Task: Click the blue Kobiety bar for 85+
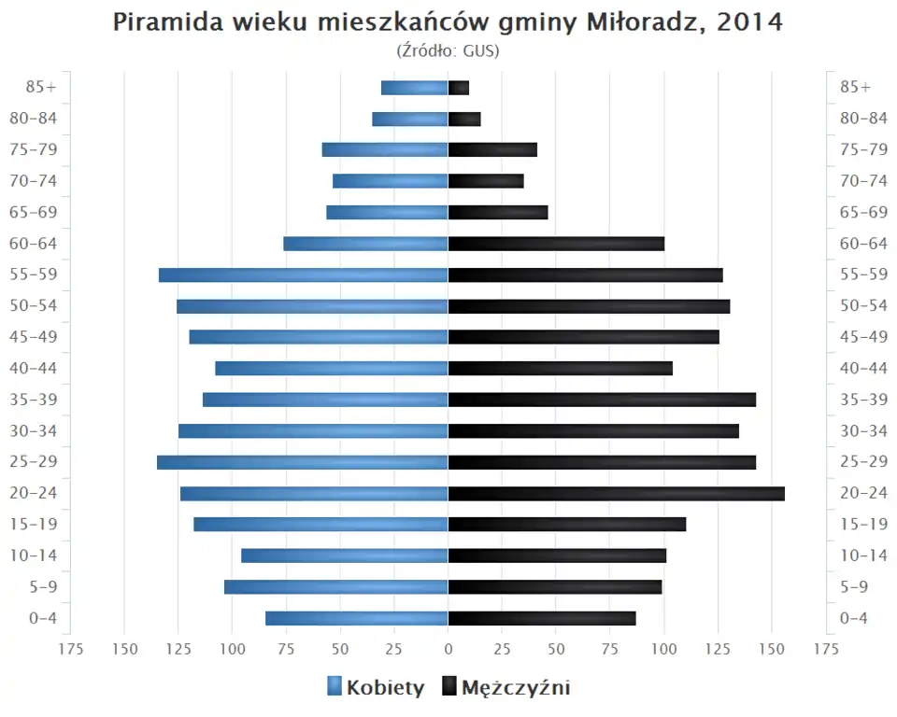(415, 88)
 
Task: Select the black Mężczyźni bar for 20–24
(617, 494)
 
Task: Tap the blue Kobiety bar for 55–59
(304, 275)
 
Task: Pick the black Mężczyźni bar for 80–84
(464, 119)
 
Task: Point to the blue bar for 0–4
(357, 618)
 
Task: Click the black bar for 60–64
(556, 244)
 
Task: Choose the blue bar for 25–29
(303, 462)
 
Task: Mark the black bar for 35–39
(602, 400)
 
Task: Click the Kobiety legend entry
(376, 688)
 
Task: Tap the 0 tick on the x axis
(448, 648)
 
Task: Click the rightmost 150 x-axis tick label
(772, 648)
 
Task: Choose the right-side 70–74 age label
(863, 181)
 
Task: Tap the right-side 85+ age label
(855, 87)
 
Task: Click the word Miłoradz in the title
(641, 22)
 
